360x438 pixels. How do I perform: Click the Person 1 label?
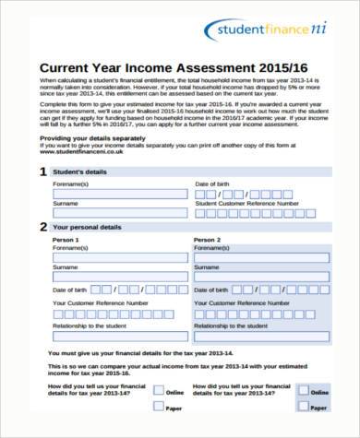pos(66,238)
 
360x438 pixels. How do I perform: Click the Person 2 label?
pos(207,238)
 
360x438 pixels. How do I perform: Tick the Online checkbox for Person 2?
pos(303,392)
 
